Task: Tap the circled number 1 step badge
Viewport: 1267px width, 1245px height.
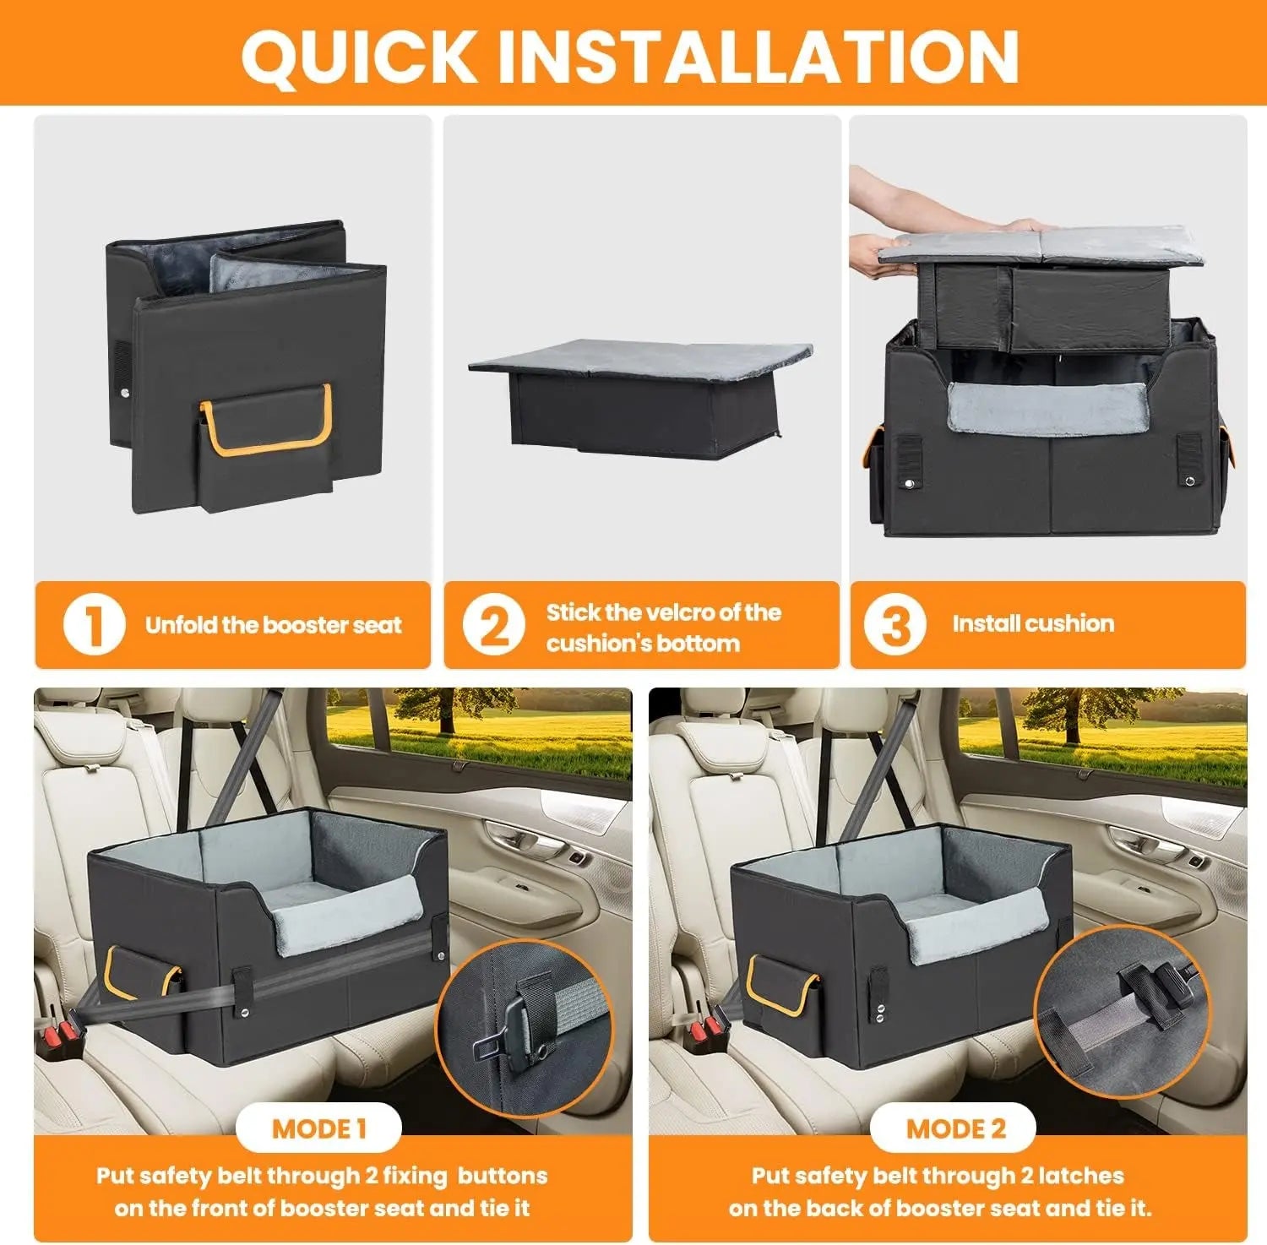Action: [x=94, y=626]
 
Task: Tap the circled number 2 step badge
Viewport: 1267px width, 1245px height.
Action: [x=495, y=627]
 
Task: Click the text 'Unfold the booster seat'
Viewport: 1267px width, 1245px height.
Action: [x=273, y=626]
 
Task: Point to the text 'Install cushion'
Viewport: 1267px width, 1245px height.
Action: [x=1032, y=624]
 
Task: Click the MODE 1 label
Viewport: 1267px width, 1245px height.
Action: [x=318, y=1128]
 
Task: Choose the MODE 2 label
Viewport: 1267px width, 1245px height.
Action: [x=955, y=1129]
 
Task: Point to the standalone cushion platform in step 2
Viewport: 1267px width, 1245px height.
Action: [x=640, y=397]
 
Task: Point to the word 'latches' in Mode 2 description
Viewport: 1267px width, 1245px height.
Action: [x=1080, y=1176]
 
